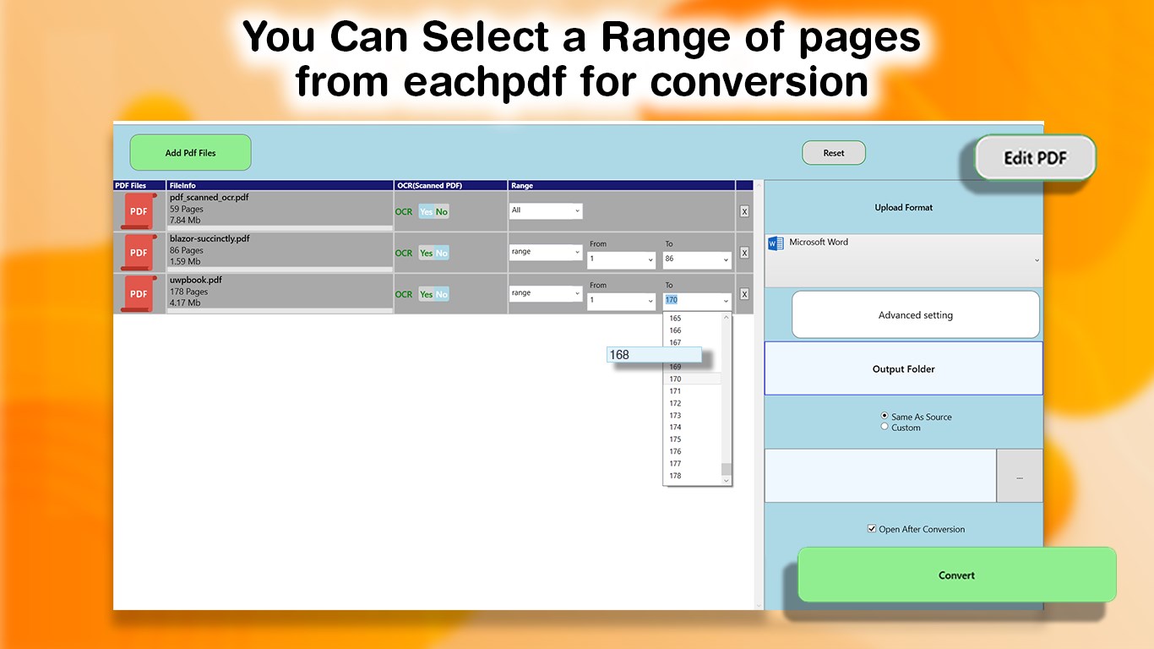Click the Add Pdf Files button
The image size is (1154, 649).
pos(190,153)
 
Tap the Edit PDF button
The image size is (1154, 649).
pos(1035,158)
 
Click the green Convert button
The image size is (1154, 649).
pos(956,575)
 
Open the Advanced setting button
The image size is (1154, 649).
pos(915,315)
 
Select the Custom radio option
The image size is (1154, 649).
pos(885,427)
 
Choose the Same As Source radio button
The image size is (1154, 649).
pos(885,416)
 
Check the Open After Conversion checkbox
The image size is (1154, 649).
pos(872,529)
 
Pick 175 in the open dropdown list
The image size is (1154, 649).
pos(676,439)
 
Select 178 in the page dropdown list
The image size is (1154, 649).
pos(676,476)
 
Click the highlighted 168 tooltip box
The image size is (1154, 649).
pos(654,355)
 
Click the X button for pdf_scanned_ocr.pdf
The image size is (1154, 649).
pos(744,211)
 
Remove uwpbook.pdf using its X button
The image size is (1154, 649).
pos(744,294)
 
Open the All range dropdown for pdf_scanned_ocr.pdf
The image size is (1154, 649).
pos(546,210)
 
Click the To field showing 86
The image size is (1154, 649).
pos(697,259)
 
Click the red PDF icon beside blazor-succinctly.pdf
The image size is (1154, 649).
pos(139,252)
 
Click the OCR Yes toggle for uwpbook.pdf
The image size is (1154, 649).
pos(427,294)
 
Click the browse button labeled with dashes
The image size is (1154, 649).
pos(1019,477)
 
